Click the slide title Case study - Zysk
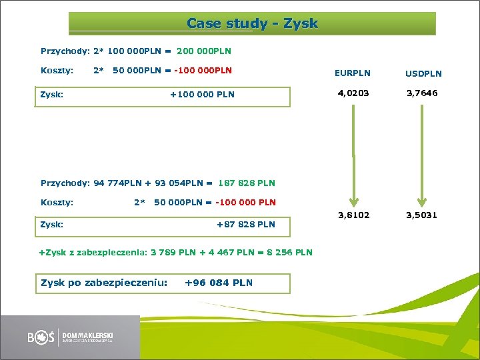tap(252, 24)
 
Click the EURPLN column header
tap(353, 73)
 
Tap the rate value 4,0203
tap(353, 93)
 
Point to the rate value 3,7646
tap(421, 93)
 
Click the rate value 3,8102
tap(353, 215)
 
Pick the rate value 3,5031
tap(421, 215)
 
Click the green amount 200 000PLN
tap(204, 51)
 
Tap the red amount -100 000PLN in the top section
tap(203, 70)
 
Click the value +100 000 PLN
tap(202, 94)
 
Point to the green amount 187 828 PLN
tap(246, 183)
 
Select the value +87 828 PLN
tap(245, 224)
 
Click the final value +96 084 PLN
tap(218, 283)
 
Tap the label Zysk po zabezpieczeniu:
tap(104, 283)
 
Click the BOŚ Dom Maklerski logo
tap(70, 337)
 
